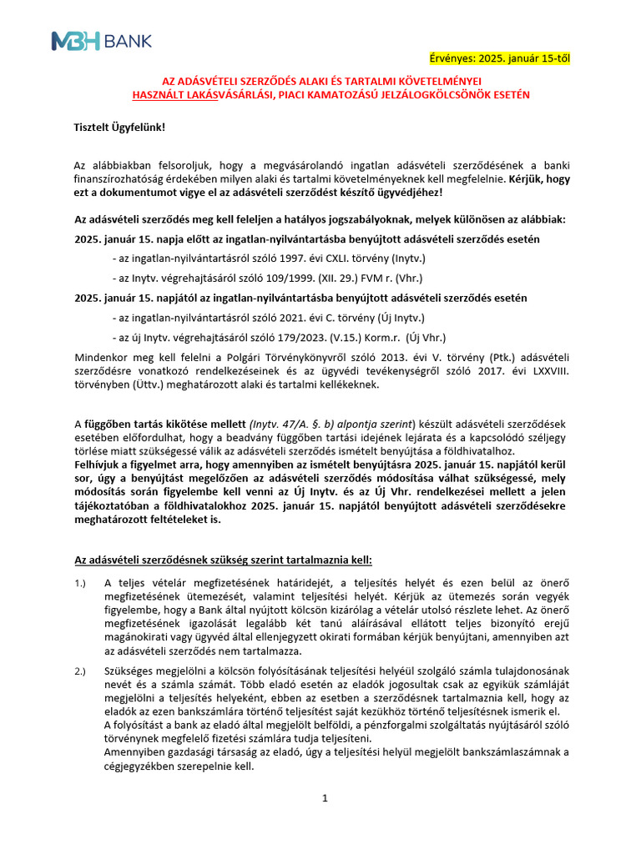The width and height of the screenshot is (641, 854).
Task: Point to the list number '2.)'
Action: (80, 671)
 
